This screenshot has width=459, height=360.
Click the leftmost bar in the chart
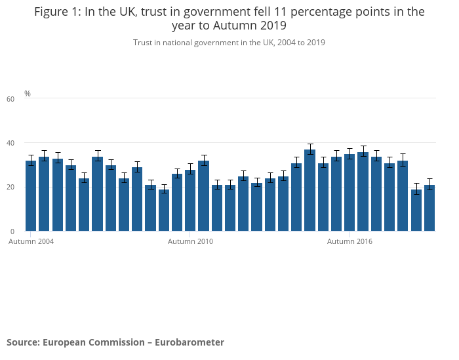coord(31,196)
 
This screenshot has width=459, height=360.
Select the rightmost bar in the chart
coord(429,208)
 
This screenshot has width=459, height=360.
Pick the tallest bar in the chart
coord(309,190)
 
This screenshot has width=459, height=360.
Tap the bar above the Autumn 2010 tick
coord(190,200)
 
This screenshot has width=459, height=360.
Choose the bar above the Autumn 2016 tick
coord(349,193)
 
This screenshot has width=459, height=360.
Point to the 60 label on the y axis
coord(10,99)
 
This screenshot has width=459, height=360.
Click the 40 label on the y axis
coord(10,143)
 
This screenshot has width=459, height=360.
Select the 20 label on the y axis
coord(10,187)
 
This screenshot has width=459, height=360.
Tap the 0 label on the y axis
coord(12,231)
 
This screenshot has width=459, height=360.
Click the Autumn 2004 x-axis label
coord(31,241)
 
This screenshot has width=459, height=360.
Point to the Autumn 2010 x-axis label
coord(190,241)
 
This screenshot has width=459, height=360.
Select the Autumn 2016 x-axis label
coord(349,241)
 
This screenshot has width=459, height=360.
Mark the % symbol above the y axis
coord(28,93)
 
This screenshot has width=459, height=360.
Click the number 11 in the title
coord(281,12)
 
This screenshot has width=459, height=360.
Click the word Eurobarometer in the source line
coord(190,342)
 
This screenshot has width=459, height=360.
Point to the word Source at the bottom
coord(23,342)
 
